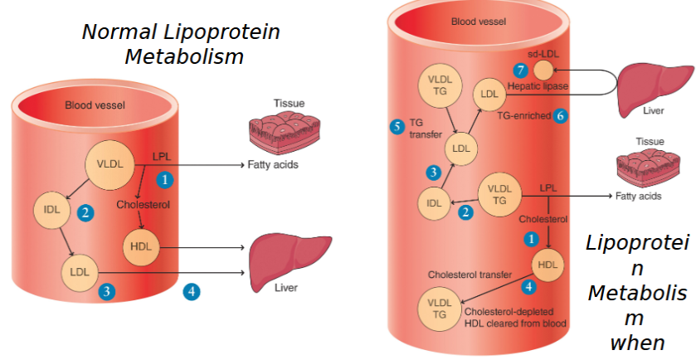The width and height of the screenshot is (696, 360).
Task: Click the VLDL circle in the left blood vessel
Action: click(110, 164)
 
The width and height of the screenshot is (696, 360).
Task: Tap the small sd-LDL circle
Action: click(543, 70)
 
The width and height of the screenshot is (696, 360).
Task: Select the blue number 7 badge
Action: click(520, 70)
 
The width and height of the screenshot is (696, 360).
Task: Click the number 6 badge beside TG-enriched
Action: click(560, 116)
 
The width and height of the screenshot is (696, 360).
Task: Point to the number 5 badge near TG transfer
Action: click(397, 126)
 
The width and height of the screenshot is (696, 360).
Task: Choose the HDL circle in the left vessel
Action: click(139, 246)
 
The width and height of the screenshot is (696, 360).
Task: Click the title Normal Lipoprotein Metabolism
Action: click(180, 44)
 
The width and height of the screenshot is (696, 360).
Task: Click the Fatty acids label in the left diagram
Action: click(272, 164)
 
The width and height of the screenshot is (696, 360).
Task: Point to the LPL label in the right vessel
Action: click(548, 187)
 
